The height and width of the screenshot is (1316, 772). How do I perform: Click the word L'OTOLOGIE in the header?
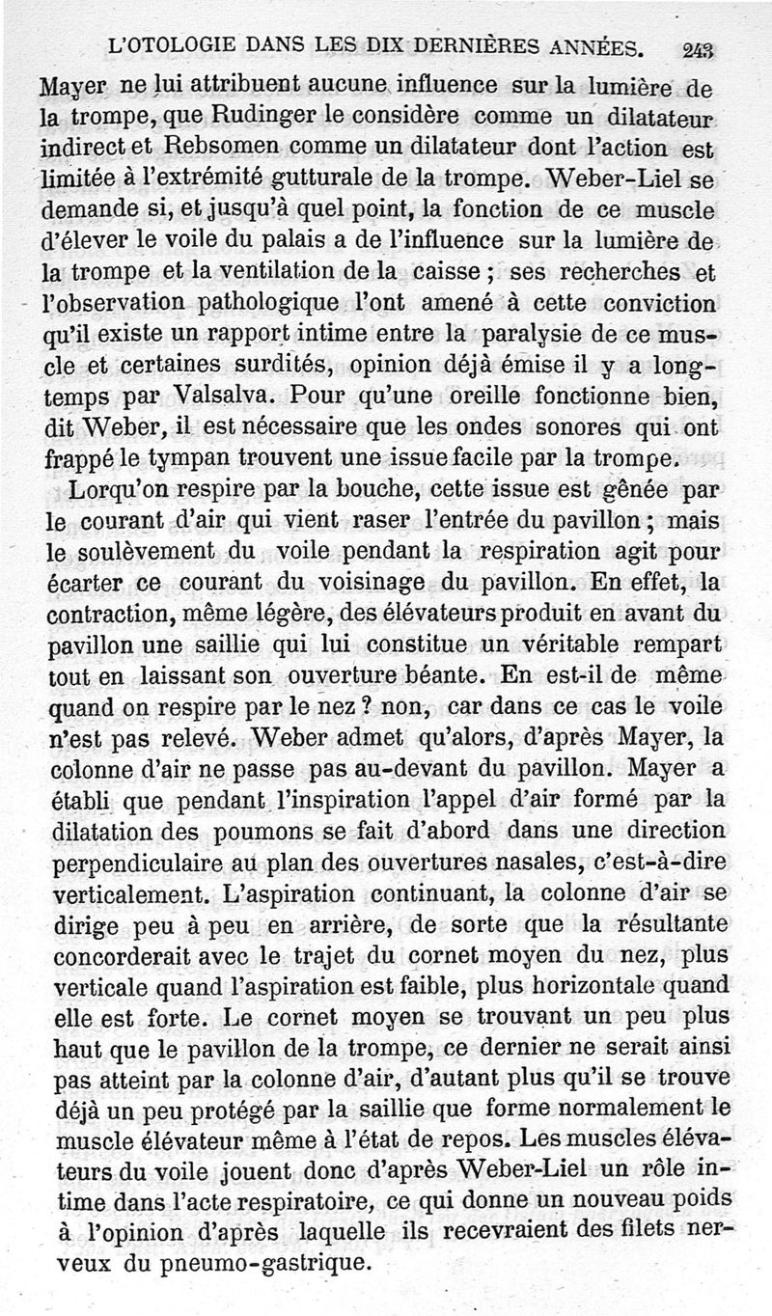click(168, 46)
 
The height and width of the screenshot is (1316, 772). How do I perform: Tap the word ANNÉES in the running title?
click(594, 47)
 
